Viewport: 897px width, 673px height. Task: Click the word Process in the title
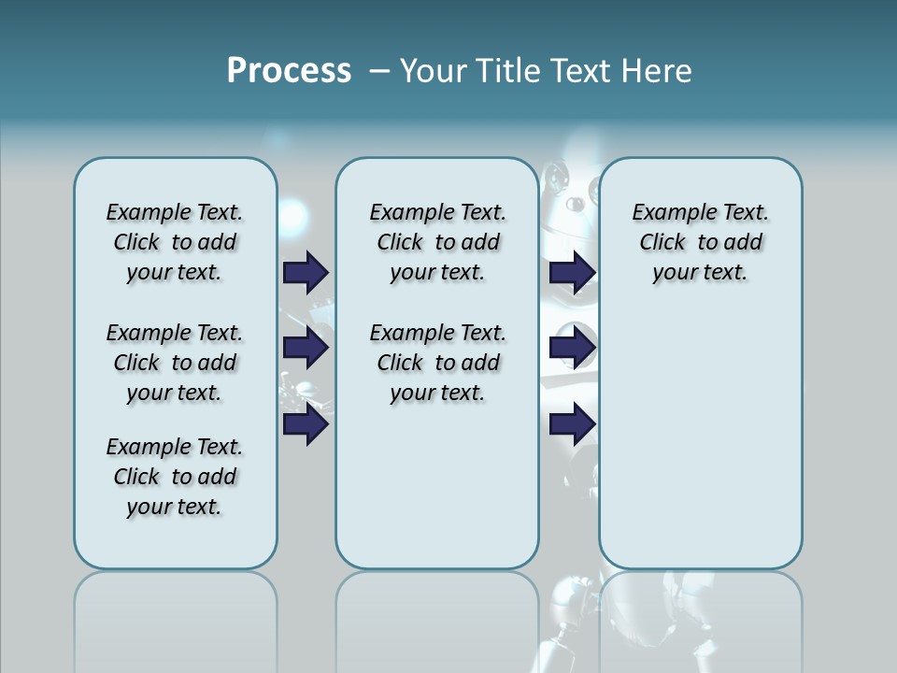289,70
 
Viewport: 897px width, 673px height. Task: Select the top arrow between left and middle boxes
305,272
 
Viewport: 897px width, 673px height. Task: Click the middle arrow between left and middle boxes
305,348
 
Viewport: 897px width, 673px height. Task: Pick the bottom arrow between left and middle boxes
305,425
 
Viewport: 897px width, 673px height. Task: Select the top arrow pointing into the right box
572,272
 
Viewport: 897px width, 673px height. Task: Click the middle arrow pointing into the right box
572,348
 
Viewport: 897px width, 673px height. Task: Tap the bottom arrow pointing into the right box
572,425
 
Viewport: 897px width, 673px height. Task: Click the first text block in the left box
175,242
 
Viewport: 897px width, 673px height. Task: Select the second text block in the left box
175,363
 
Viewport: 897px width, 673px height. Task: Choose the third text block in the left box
175,477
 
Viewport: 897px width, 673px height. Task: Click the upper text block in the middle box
437,242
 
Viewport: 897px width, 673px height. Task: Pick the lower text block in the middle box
437,363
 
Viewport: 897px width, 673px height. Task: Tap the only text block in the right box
700,242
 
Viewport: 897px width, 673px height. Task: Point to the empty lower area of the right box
700,439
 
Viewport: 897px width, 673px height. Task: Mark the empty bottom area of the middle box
437,495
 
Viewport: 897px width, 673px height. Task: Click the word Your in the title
434,70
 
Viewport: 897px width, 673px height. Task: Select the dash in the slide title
379,70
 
